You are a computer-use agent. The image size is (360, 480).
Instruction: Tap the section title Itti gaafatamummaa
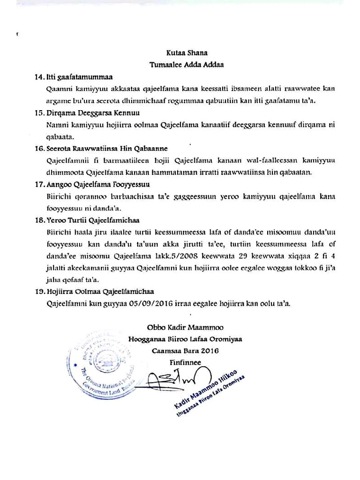click(81, 76)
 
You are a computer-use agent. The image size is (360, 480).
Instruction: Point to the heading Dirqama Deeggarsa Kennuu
click(93, 113)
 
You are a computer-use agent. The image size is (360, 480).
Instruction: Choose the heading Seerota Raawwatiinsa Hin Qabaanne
click(107, 149)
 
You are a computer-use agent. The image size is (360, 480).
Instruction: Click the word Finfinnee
click(186, 362)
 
